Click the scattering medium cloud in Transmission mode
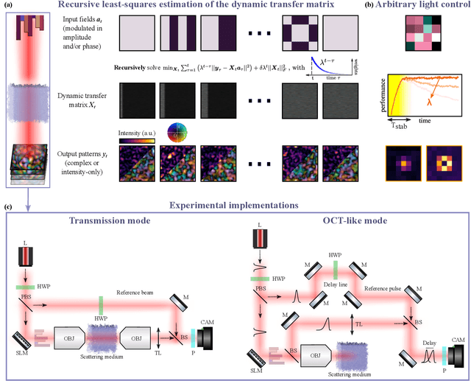108,340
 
